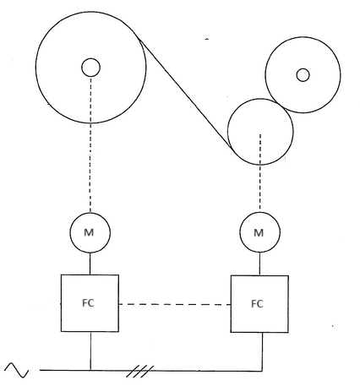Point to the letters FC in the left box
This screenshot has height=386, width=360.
[x=88, y=303]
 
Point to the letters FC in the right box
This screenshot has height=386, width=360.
[x=257, y=304]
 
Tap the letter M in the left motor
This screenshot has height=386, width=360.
[x=89, y=232]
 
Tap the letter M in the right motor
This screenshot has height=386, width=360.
[x=259, y=233]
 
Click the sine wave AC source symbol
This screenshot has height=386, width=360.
[x=17, y=370]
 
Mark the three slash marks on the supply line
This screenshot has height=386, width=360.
[x=140, y=371]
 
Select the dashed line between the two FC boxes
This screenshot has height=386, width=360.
[x=175, y=304]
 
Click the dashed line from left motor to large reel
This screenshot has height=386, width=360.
[x=90, y=144]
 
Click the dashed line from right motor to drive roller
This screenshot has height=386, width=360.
[x=260, y=173]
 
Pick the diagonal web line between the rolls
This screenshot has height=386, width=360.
[x=186, y=95]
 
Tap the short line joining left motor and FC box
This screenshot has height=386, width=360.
[x=90, y=264]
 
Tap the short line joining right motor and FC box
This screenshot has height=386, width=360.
[x=259, y=264]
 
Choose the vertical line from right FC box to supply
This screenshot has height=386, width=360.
[x=263, y=351]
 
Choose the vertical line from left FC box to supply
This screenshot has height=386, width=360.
[x=90, y=351]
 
